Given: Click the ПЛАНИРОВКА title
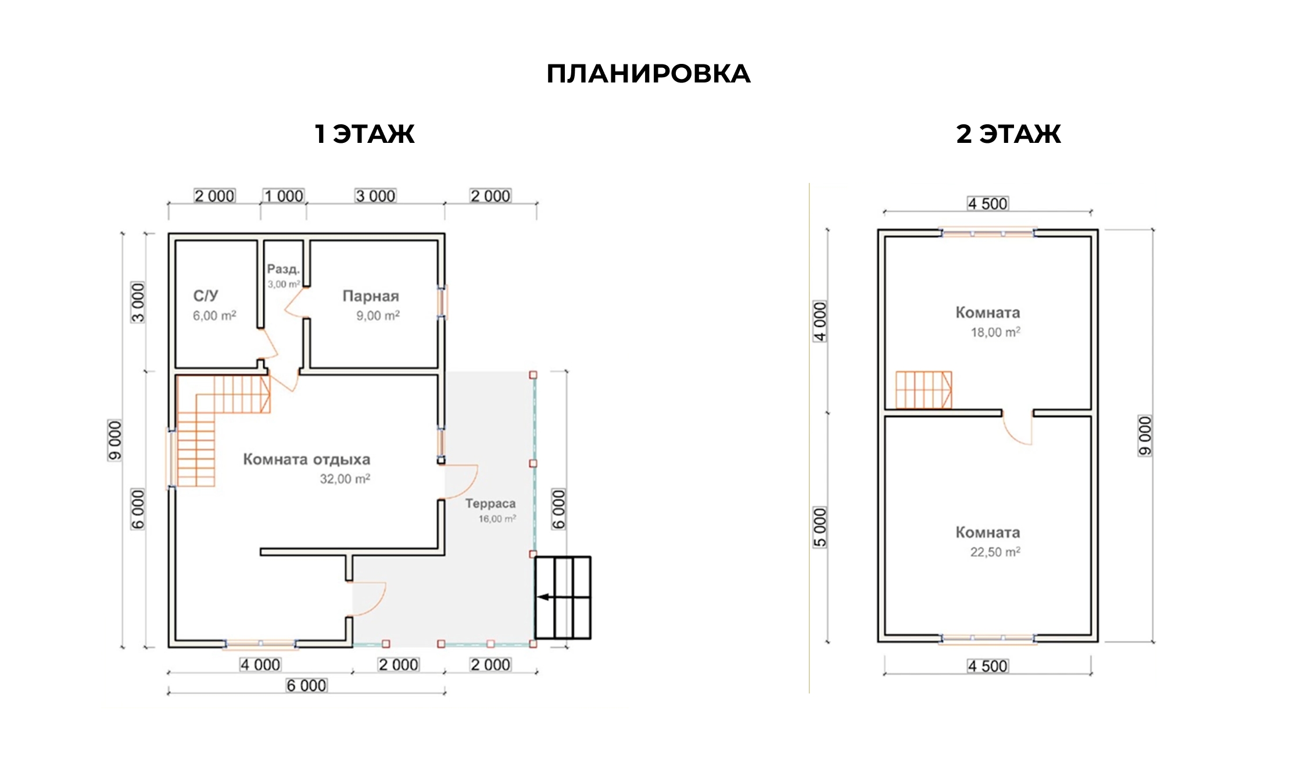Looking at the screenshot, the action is pyautogui.click(x=648, y=74).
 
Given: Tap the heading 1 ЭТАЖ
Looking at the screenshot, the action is pyautogui.click(x=364, y=134).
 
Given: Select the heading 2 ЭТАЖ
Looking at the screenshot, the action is pyautogui.click(x=1008, y=134).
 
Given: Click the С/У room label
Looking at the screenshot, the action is pyautogui.click(x=206, y=296).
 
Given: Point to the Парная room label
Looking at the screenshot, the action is pyautogui.click(x=371, y=296).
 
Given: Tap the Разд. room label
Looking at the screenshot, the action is pyautogui.click(x=284, y=269).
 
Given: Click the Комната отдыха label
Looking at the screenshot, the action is pyautogui.click(x=306, y=459).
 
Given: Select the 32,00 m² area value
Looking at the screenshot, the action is pyautogui.click(x=345, y=479).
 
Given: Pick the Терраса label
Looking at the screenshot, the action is pyautogui.click(x=490, y=504).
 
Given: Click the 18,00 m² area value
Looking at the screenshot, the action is pyautogui.click(x=995, y=333).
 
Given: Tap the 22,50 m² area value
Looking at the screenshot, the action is pyautogui.click(x=995, y=552).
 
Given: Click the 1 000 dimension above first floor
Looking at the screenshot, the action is pyautogui.click(x=284, y=196).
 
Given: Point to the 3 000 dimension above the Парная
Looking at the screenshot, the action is pyautogui.click(x=375, y=196).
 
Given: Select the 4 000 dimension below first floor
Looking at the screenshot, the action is pyautogui.click(x=260, y=665).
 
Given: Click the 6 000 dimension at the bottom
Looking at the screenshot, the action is pyautogui.click(x=306, y=686).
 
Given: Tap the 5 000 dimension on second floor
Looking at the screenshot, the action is pyautogui.click(x=820, y=527).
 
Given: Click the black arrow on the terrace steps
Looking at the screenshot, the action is pyautogui.click(x=544, y=596).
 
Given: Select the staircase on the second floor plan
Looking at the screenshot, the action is pyautogui.click(x=923, y=390).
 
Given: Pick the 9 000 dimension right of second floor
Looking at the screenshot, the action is pyautogui.click(x=1145, y=436).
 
